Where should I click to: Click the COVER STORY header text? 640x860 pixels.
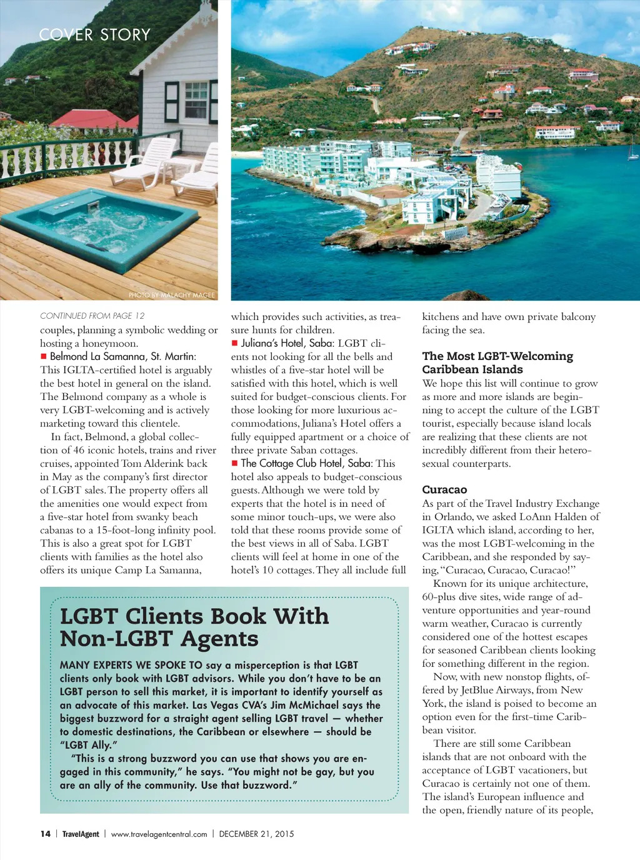tap(95, 34)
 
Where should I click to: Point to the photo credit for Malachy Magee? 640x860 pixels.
tap(171, 295)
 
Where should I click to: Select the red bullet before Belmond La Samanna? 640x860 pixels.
tap(44, 356)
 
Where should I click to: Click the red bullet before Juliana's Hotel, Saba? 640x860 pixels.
tap(235, 342)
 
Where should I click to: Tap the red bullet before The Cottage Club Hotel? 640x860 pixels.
tap(235, 463)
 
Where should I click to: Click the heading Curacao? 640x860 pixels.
tap(444, 489)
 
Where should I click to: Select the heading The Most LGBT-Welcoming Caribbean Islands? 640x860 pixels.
tap(497, 362)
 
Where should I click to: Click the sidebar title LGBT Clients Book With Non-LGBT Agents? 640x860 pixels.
tap(194, 627)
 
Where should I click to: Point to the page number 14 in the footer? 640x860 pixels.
tap(46, 834)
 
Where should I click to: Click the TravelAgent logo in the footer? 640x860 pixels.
tap(81, 834)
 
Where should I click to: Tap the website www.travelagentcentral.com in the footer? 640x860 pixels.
tap(159, 834)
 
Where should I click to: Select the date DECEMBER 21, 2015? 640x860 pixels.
tap(256, 834)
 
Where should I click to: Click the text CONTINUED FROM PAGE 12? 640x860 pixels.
tap(92, 316)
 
